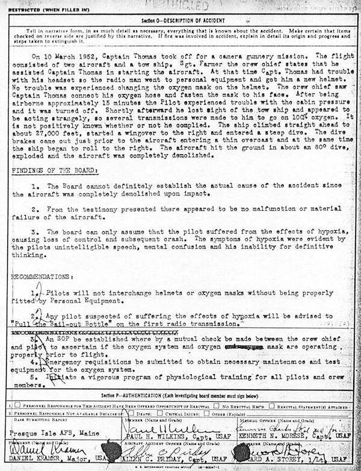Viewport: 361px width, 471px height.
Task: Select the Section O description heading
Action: [x=180, y=20]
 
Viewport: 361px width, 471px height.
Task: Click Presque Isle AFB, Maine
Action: [x=53, y=432]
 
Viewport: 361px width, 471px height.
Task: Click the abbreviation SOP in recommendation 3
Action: [x=64, y=339]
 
